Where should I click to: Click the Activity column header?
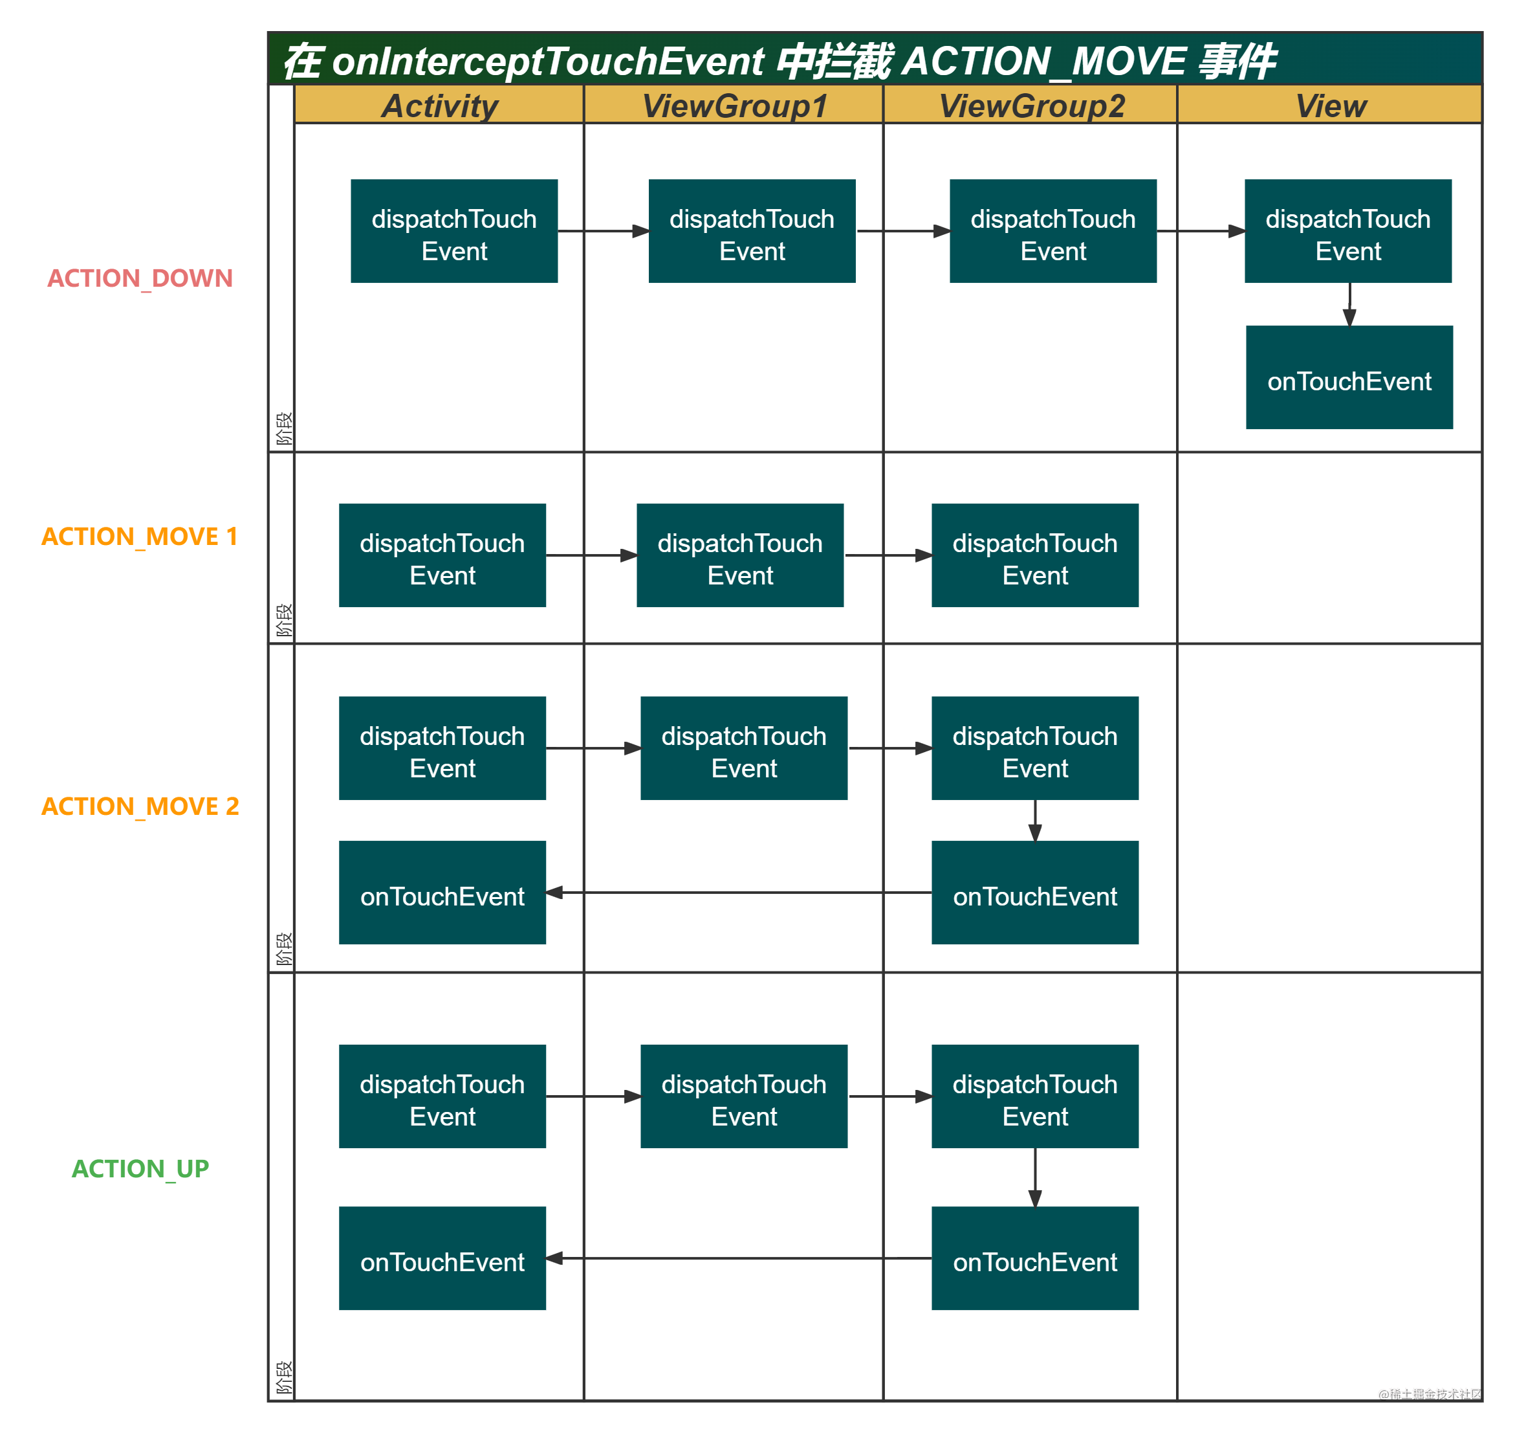(439, 106)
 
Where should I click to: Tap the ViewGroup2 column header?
(1031, 106)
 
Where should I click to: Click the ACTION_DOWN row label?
(140, 278)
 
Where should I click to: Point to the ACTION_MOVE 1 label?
(140, 536)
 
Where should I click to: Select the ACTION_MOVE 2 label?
(140, 806)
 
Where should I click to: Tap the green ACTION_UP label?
(140, 1168)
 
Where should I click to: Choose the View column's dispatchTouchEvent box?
(1347, 232)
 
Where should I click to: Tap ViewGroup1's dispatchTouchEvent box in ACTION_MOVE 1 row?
(740, 555)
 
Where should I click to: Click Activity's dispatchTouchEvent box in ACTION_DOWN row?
(453, 232)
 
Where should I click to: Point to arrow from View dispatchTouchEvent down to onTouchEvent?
(1349, 305)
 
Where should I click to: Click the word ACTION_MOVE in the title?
(1044, 61)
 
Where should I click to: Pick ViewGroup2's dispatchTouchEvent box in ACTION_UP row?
(1035, 1096)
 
